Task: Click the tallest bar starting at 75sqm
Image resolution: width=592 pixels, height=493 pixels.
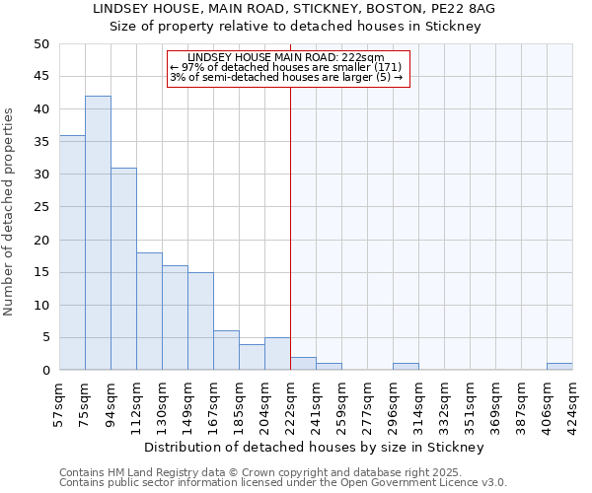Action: (98, 233)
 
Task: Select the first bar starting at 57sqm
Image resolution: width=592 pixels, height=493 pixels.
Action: (72, 252)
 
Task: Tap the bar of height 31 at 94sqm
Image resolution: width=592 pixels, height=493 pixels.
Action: (123, 268)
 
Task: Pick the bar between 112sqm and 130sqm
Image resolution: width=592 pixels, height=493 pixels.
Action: (149, 311)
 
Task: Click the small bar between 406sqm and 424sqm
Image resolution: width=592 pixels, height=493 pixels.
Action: (559, 367)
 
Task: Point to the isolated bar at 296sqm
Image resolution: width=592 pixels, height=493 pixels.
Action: (406, 367)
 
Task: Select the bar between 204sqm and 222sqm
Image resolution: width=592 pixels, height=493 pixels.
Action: (277, 354)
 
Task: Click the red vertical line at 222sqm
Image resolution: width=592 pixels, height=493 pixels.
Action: (290, 227)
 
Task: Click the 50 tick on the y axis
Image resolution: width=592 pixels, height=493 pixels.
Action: (40, 44)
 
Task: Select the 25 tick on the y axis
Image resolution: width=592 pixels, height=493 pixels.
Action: (40, 207)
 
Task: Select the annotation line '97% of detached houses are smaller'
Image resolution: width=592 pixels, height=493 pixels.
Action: (286, 67)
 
